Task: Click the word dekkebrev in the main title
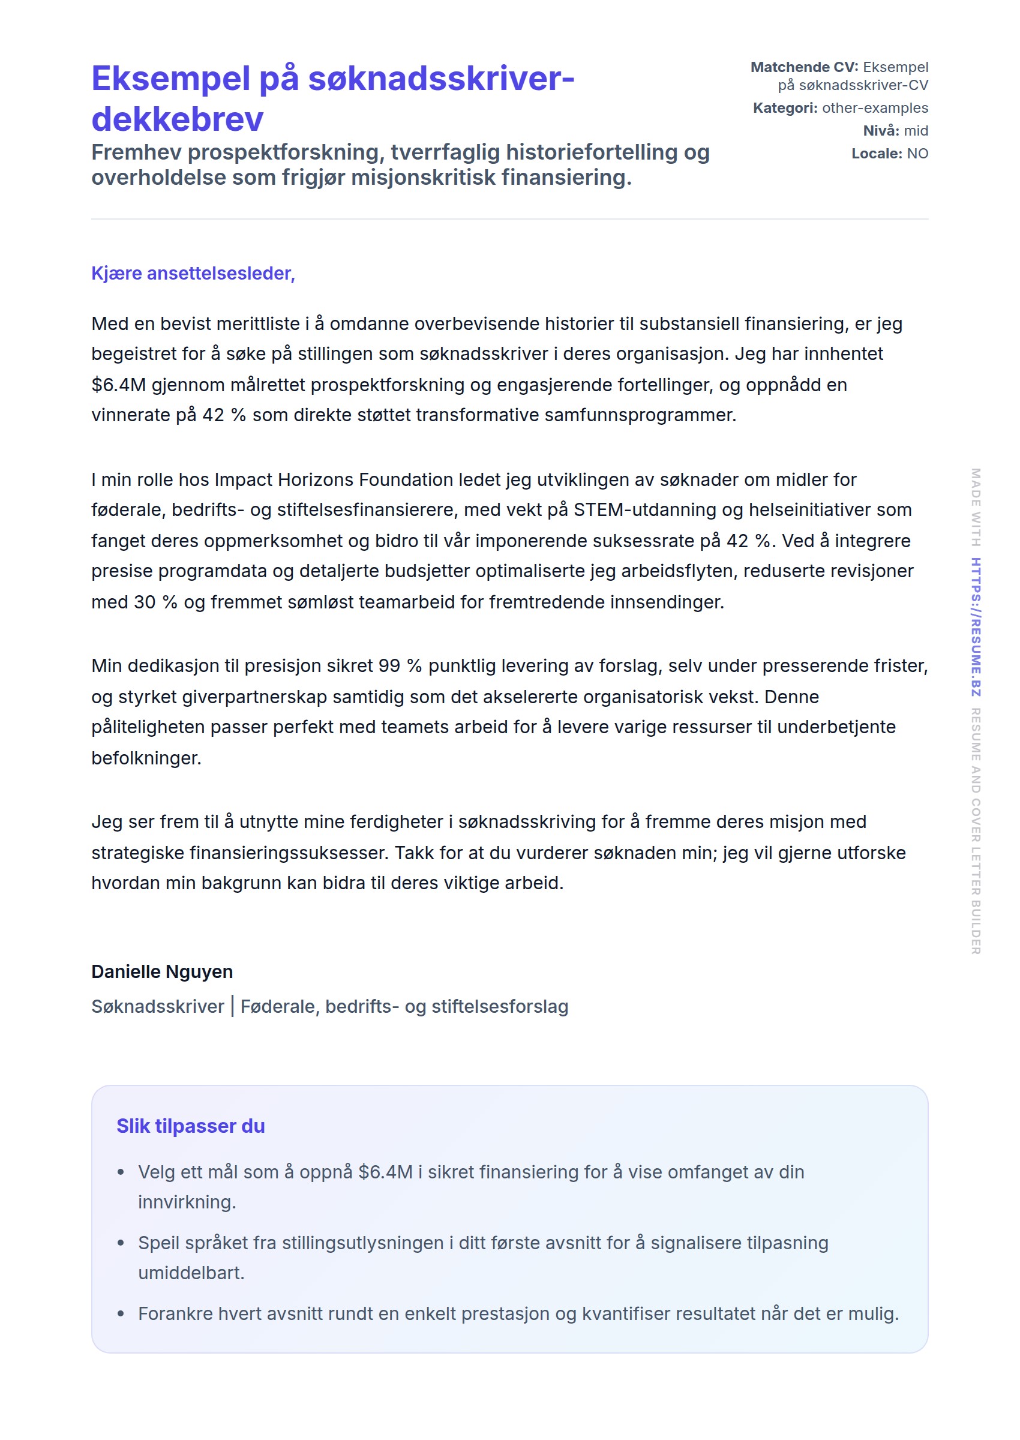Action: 177,119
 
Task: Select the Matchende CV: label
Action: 804,67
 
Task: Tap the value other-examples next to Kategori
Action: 874,108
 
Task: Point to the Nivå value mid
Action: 916,131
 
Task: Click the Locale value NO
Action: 917,153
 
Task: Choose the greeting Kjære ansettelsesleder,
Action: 193,273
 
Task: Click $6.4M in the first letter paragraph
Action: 118,385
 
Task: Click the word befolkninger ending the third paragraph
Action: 146,758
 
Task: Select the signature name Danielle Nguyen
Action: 162,971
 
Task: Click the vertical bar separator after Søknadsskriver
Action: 232,1006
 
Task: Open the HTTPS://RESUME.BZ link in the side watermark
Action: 976,627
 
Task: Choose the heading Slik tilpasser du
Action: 190,1126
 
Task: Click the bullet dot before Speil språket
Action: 121,1243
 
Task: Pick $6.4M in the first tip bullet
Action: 385,1172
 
